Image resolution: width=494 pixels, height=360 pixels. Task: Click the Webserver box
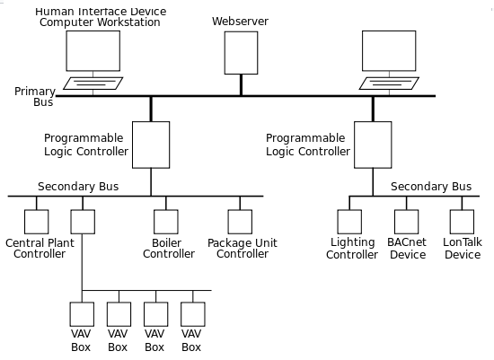tap(241, 53)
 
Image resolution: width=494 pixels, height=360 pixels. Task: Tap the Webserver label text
tap(240, 22)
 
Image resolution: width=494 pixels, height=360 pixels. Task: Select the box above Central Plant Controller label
tap(37, 222)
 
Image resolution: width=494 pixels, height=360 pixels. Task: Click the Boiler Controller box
tap(166, 222)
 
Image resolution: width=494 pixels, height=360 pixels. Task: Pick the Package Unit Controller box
tap(240, 222)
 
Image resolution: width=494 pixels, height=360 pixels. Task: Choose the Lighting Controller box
tap(349, 222)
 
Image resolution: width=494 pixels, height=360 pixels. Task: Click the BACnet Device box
tap(406, 222)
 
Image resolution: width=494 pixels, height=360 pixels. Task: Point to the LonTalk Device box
tap(462, 222)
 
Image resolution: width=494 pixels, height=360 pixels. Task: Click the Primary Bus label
tap(35, 97)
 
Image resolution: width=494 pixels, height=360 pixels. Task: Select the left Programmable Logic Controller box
tap(151, 145)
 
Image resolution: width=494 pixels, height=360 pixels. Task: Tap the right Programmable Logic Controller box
tap(373, 145)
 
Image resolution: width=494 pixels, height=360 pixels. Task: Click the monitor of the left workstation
tap(93, 50)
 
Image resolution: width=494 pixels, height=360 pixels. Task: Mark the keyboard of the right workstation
tap(389, 83)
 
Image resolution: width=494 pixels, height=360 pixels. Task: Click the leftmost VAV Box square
tap(82, 314)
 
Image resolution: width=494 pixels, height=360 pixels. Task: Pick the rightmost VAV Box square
tap(193, 314)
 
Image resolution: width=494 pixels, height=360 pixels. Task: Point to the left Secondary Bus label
tap(78, 187)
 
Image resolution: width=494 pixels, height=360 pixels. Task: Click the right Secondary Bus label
tap(431, 187)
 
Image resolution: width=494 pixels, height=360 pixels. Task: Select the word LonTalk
tap(463, 242)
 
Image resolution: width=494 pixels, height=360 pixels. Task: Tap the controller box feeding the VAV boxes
tap(83, 222)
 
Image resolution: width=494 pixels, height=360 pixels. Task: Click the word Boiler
tap(166, 243)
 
